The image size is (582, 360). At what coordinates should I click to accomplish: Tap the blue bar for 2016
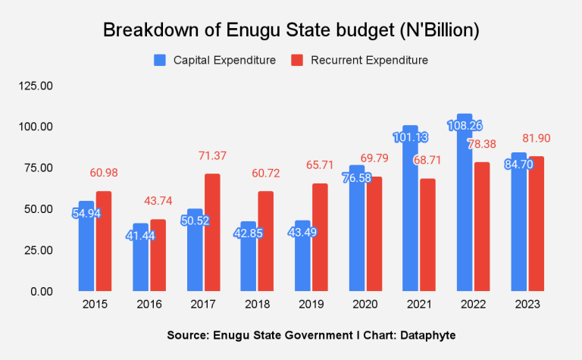(140, 258)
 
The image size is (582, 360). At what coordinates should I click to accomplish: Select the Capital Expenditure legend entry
(214, 60)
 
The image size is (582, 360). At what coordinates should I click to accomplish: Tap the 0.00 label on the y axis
(42, 292)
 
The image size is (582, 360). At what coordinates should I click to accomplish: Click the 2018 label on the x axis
(257, 305)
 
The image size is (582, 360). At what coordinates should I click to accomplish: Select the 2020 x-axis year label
(365, 305)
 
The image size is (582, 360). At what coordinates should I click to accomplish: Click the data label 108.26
(464, 126)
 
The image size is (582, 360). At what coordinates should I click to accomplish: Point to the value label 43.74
(158, 201)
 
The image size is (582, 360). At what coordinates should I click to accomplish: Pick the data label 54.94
(86, 213)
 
